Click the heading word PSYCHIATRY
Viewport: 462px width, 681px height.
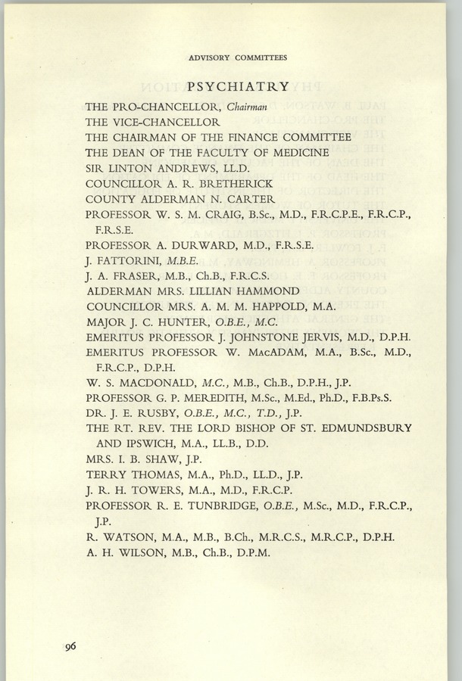[237, 87]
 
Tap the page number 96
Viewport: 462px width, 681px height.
[70, 645]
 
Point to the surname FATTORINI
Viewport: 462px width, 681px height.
[130, 261]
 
